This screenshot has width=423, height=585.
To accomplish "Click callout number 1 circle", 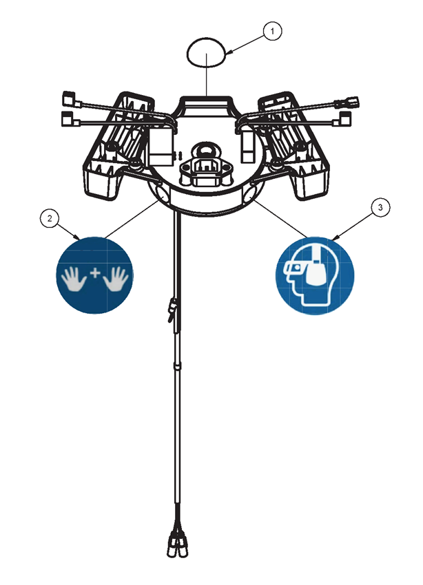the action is click(x=272, y=32).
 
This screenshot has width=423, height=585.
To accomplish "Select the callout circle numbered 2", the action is click(x=50, y=219).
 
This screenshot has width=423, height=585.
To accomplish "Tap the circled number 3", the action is click(x=380, y=207).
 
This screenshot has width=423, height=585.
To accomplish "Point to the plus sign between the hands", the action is click(x=95, y=273).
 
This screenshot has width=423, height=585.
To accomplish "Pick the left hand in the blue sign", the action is click(x=74, y=278).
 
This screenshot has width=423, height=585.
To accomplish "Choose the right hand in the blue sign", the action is click(x=116, y=278).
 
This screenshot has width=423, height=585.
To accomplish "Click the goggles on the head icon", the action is click(x=296, y=268).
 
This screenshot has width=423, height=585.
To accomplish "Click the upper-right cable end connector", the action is click(x=347, y=102).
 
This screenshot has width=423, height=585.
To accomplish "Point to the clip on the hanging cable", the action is click(x=172, y=309).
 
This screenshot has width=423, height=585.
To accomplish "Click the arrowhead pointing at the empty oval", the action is click(x=229, y=54).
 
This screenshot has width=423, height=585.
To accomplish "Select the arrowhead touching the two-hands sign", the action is click(x=77, y=237).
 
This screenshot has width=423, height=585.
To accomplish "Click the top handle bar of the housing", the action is click(x=207, y=100).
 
